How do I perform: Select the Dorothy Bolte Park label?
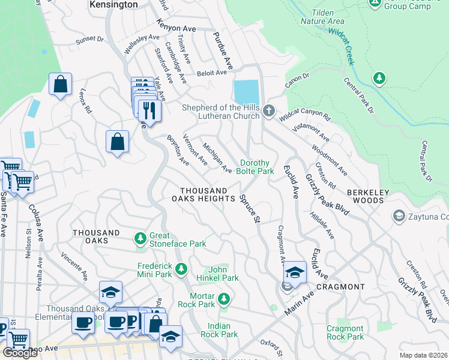(x=257, y=167)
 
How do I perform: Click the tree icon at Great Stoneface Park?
(x=140, y=239)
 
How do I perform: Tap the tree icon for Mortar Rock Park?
(x=223, y=298)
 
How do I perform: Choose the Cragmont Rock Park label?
(x=345, y=332)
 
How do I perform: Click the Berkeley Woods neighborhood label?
(x=373, y=196)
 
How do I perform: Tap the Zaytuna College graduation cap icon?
(x=397, y=215)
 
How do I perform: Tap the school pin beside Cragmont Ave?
(x=295, y=272)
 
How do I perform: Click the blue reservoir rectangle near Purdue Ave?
(x=247, y=92)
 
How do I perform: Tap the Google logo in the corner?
(x=19, y=353)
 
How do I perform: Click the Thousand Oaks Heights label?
(x=203, y=194)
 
